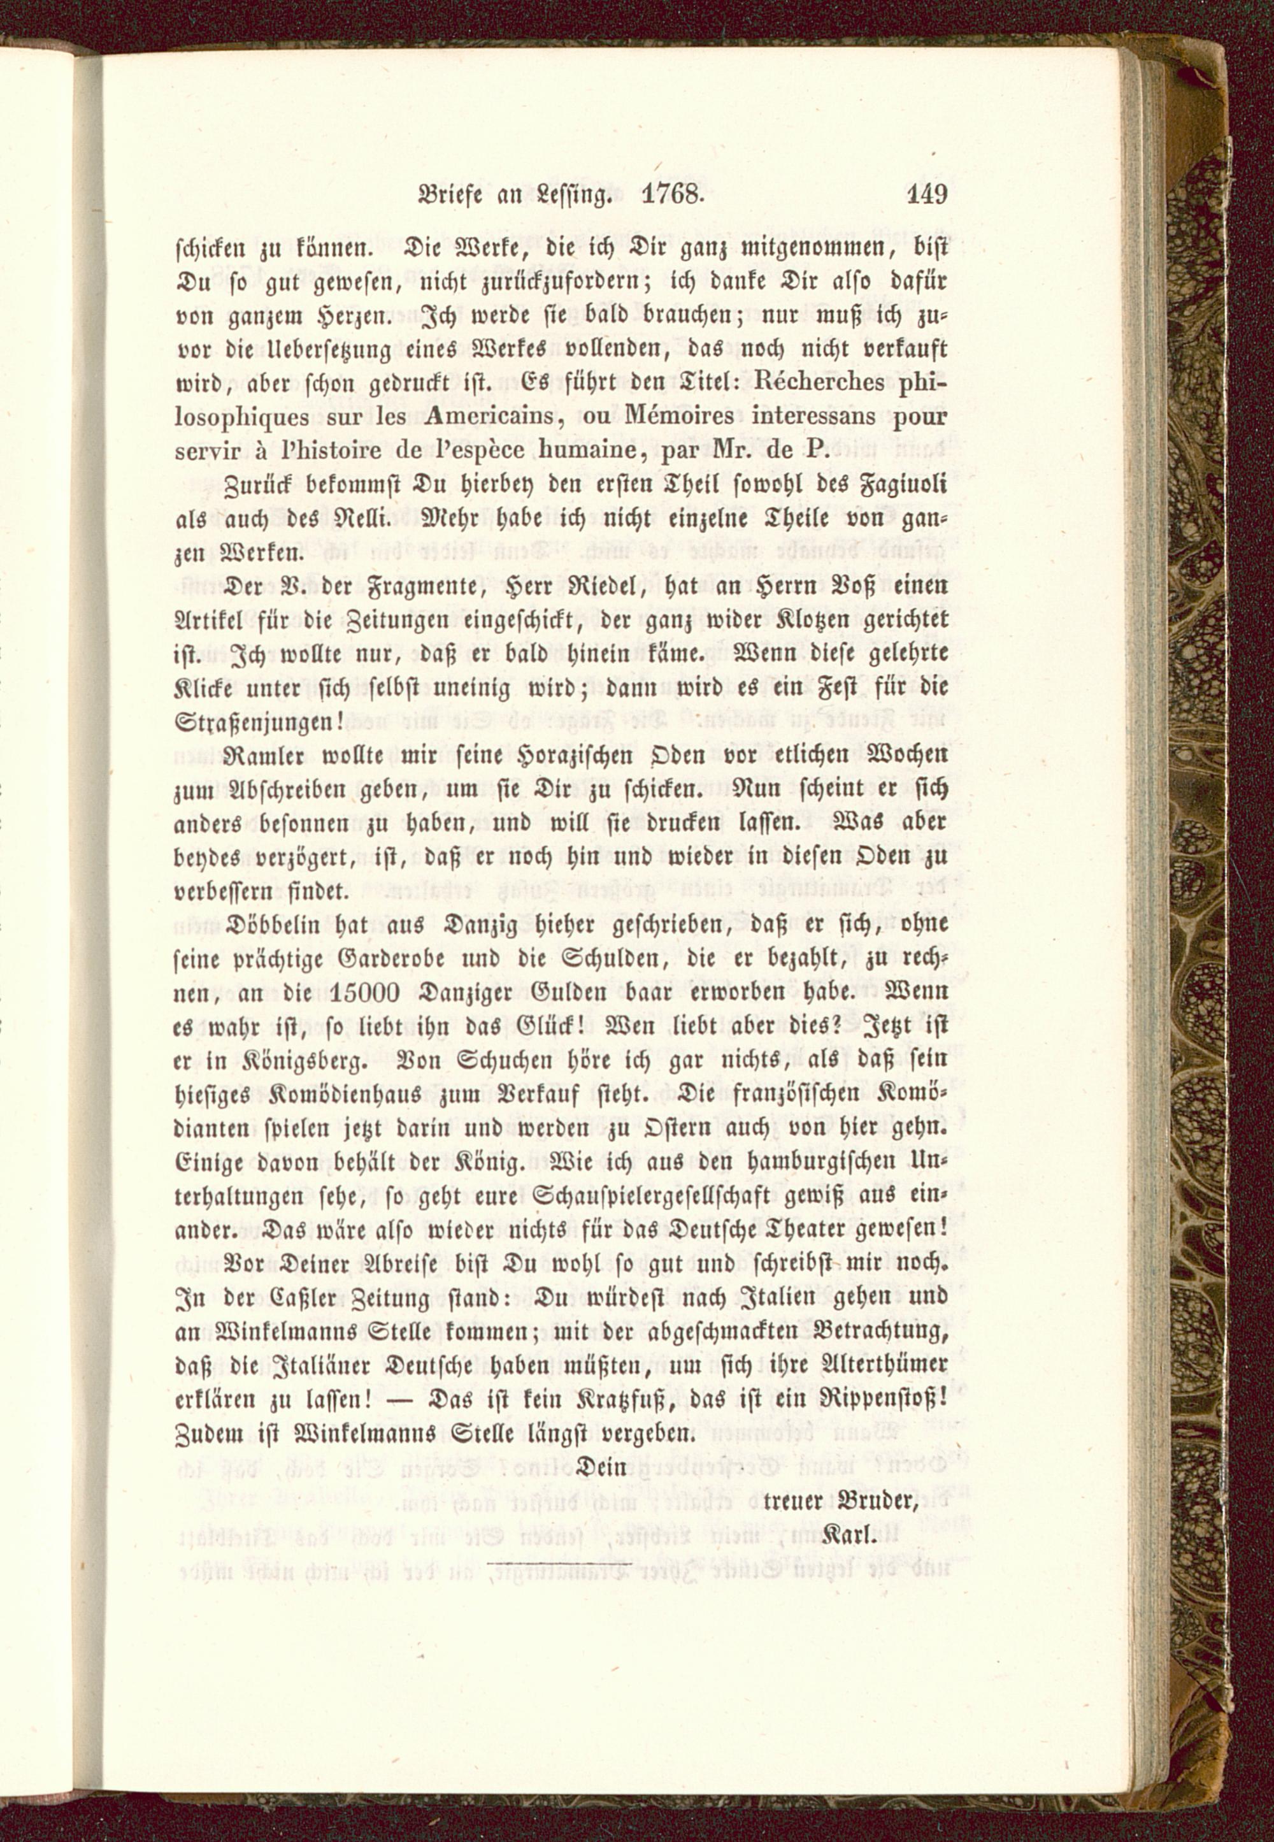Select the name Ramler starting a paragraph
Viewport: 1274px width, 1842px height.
pyautogui.click(x=256, y=754)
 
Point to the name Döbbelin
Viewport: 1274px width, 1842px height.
pyautogui.click(x=271, y=924)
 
